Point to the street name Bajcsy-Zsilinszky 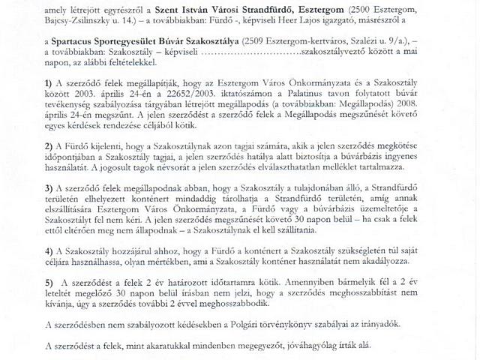79,24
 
